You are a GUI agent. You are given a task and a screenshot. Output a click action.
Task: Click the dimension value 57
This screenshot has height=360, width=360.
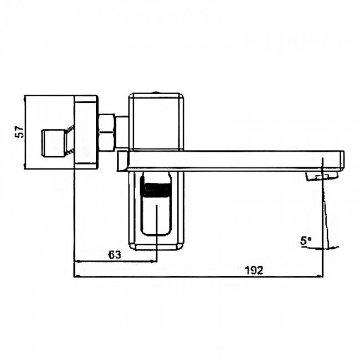pos(19,132)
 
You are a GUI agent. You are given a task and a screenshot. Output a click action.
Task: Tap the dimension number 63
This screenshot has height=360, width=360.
pos(114,255)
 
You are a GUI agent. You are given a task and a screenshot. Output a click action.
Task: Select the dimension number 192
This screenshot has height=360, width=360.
pos(254,270)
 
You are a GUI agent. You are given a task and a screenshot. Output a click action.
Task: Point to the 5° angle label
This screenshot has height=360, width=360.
pos(306,241)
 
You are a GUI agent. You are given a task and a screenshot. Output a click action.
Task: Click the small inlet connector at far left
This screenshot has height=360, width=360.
pos(54,143)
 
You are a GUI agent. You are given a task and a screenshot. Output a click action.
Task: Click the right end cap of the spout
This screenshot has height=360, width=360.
pos(342,161)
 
